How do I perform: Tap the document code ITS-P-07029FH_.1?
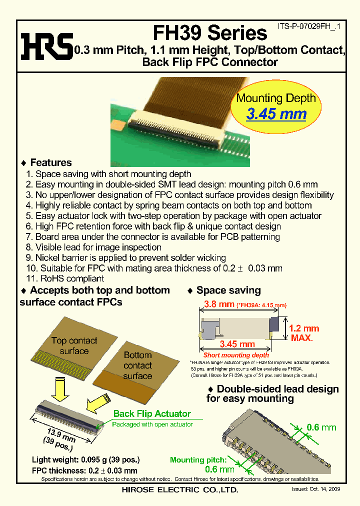tap(308, 28)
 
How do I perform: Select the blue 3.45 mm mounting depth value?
tap(276, 113)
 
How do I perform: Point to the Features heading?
tap(50, 162)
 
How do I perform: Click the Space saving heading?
tap(228, 290)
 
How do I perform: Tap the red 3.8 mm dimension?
tap(218, 304)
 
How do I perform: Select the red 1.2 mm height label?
tap(304, 328)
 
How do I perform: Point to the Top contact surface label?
tap(74, 346)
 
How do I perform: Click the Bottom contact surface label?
tap(137, 365)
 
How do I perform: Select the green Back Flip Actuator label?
tap(152, 413)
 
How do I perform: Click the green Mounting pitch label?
tap(198, 460)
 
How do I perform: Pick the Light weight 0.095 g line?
tap(85, 459)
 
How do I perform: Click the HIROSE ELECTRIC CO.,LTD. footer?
tap(180, 490)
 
